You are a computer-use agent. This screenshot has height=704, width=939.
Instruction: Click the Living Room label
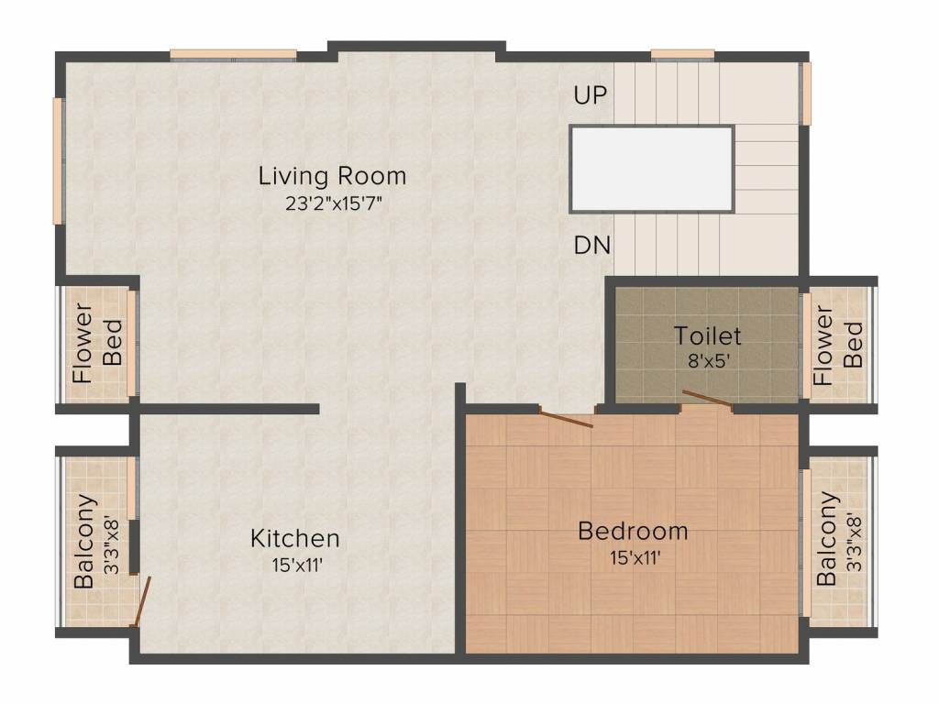(332, 175)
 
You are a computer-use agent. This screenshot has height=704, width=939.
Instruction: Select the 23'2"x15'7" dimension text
(332, 203)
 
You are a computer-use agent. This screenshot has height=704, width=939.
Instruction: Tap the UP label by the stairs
(591, 95)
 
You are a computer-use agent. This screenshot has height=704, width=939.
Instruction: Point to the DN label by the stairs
(592, 246)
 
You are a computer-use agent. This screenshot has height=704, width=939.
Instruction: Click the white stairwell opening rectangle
(652, 170)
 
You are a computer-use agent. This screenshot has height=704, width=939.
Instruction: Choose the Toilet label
(707, 335)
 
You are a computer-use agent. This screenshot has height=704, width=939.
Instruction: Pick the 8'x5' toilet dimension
(707, 360)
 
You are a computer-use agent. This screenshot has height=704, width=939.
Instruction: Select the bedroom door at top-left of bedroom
(566, 419)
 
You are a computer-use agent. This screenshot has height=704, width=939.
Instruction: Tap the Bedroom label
(633, 531)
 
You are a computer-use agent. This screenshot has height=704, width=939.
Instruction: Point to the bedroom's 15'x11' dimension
(633, 556)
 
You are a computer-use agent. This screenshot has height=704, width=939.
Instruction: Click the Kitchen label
(295, 538)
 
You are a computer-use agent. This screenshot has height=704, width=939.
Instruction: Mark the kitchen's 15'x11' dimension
(295, 565)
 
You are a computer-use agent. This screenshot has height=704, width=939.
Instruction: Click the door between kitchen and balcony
(141, 601)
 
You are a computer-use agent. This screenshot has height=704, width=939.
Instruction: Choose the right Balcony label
(827, 539)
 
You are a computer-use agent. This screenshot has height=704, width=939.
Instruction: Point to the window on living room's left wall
(57, 160)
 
